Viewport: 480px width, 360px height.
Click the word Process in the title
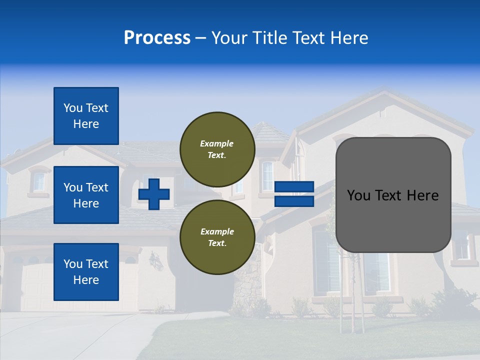pyautogui.click(x=157, y=38)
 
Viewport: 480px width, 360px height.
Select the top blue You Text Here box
pyautogui.click(x=86, y=116)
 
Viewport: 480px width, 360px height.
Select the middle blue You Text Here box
pyautogui.click(x=86, y=195)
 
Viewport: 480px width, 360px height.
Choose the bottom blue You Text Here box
pyautogui.click(x=86, y=272)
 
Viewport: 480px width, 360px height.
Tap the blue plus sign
pyautogui.click(x=154, y=194)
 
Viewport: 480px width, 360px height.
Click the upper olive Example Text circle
pyautogui.click(x=217, y=149)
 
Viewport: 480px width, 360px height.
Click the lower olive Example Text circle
pyautogui.click(x=217, y=237)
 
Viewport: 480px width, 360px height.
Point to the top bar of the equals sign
pyautogui.click(x=294, y=186)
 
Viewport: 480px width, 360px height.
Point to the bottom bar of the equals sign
pyautogui.click(x=294, y=201)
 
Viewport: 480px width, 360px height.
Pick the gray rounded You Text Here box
pyautogui.click(x=393, y=195)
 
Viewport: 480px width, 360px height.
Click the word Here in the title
pyautogui.click(x=349, y=38)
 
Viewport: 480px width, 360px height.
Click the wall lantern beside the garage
pyautogui.click(x=156, y=260)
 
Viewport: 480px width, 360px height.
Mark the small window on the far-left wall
pyautogui.click(x=39, y=182)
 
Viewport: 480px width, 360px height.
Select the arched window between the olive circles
pyautogui.click(x=267, y=175)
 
